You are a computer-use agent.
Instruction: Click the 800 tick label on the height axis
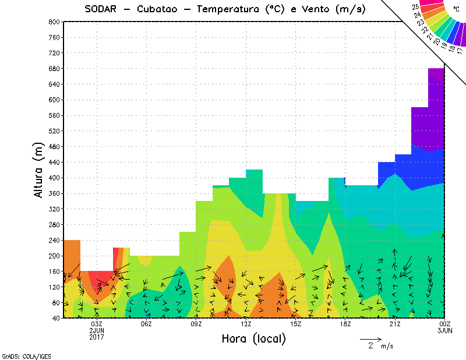point(54,22)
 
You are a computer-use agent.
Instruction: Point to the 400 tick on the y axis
point(54,178)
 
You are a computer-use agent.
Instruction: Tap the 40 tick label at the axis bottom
point(55,318)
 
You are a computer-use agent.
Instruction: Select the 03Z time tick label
point(97,324)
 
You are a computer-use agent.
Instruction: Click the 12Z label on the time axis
point(246,324)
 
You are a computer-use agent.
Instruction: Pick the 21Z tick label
point(395,324)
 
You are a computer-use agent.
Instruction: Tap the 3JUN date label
point(444,330)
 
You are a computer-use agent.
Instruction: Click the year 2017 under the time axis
point(97,337)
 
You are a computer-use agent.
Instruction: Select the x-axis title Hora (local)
point(253,338)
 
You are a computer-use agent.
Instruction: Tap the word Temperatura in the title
point(231,9)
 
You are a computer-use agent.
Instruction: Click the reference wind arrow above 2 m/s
point(370,338)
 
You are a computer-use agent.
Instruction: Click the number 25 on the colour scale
point(415,7)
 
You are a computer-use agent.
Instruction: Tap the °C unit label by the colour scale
point(456,10)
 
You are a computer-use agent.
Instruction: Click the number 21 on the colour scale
point(430,36)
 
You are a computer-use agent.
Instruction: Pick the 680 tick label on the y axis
point(54,68)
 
